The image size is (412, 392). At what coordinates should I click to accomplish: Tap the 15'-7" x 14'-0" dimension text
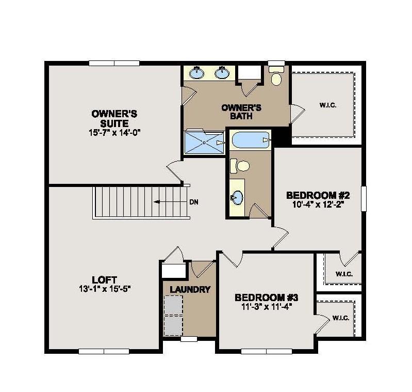pos(114,132)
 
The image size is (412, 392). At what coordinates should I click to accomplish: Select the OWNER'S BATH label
pos(241,112)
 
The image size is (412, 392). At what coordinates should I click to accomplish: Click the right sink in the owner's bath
pos(223,73)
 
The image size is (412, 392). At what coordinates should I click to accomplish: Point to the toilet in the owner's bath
pos(276,78)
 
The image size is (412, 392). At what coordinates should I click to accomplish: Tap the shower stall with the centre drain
pos(205,142)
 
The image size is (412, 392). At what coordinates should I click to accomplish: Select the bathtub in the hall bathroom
pos(250,140)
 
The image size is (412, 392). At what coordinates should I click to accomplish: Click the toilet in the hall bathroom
pos(240,166)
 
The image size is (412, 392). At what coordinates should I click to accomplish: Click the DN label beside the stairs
pos(194,202)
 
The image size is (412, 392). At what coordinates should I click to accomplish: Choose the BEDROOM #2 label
pos(318,195)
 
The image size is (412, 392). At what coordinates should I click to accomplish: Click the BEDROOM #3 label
pos(267,297)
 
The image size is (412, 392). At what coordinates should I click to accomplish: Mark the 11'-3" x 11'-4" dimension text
pos(267,307)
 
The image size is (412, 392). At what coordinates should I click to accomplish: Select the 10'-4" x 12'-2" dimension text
pos(318,205)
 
